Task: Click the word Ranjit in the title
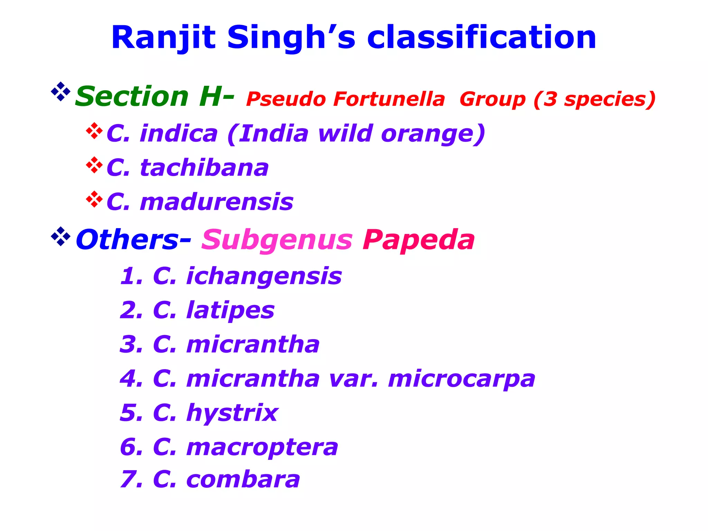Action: click(x=163, y=38)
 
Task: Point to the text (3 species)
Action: click(x=594, y=99)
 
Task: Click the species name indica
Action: click(x=179, y=134)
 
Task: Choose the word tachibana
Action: click(x=204, y=168)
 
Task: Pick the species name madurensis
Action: click(x=217, y=202)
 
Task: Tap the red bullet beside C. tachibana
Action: click(x=94, y=165)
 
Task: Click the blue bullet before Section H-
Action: click(x=60, y=91)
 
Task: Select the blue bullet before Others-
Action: click(x=60, y=236)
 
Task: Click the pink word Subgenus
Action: click(x=277, y=240)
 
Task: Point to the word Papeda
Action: click(x=419, y=240)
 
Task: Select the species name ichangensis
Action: click(x=264, y=277)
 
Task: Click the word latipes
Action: click(x=230, y=310)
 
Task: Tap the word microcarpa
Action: click(x=462, y=379)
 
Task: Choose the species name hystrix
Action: click(x=232, y=413)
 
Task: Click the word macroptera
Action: click(x=262, y=447)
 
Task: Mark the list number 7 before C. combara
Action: click(x=128, y=479)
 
